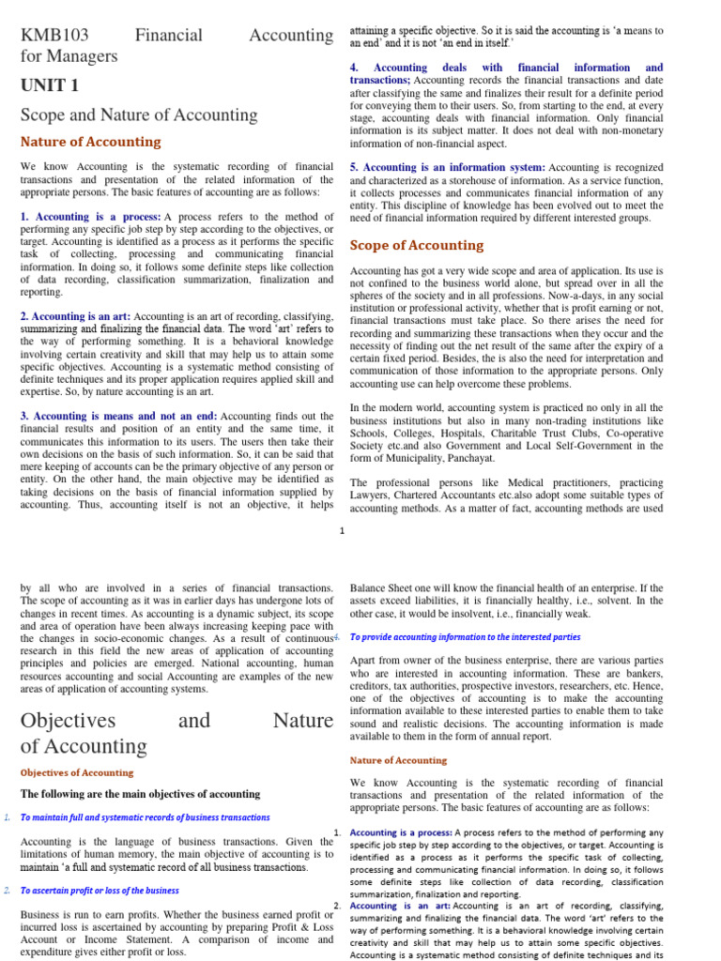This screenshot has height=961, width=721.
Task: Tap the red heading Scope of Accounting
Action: pos(417,245)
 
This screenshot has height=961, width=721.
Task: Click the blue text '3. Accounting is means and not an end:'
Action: pos(118,416)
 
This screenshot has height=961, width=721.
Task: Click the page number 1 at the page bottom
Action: pos(342,531)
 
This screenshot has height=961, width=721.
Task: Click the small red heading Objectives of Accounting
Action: pos(77,772)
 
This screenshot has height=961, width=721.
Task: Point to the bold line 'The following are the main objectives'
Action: pos(140,794)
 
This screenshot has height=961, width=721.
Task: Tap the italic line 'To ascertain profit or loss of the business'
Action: pos(100,891)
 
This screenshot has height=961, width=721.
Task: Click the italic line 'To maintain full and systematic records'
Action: pos(145,817)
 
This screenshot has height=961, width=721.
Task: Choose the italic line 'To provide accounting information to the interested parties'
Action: pos(465,636)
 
